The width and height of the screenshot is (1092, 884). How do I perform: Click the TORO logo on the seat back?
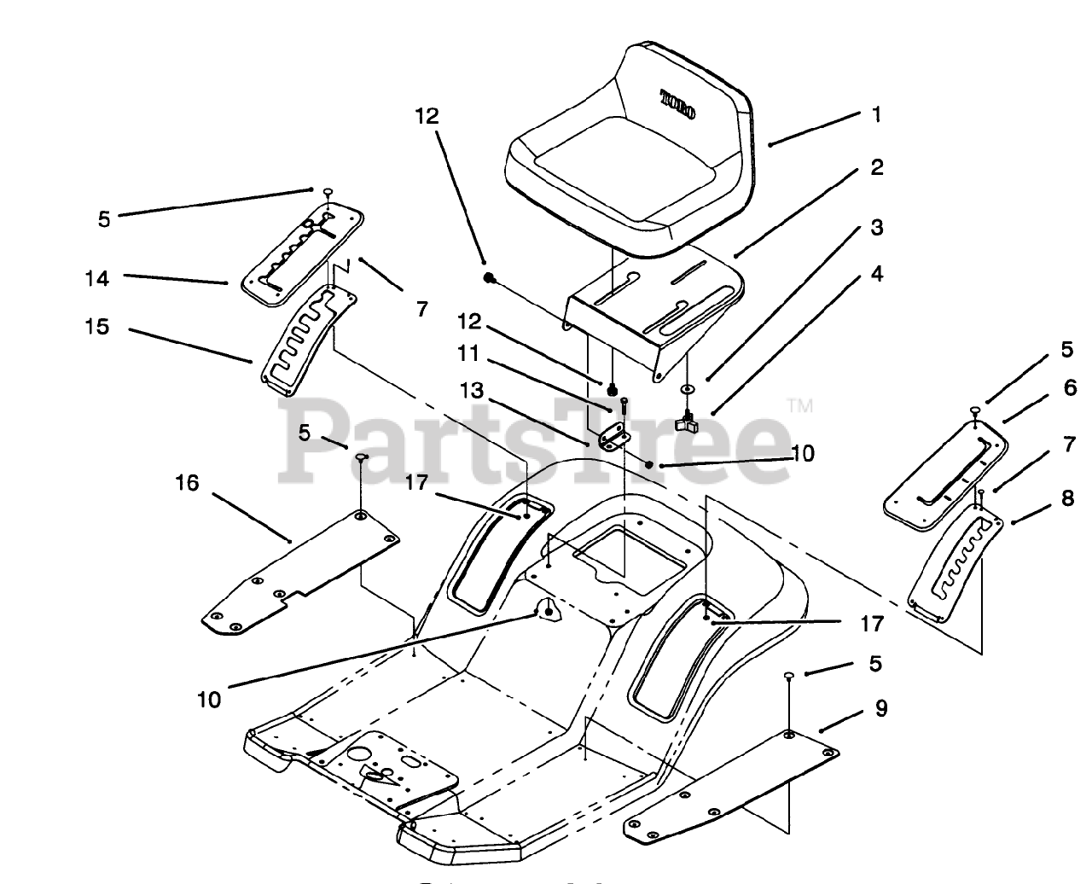point(679,104)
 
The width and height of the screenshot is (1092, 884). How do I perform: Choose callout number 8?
point(1067,497)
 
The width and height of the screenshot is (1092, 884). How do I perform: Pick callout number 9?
point(881,707)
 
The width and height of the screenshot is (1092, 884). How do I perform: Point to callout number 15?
point(97,327)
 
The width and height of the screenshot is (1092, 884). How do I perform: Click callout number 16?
point(187,483)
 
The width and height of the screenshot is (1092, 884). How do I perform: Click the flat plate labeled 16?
point(299,572)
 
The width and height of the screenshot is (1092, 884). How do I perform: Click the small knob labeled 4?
point(688,421)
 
